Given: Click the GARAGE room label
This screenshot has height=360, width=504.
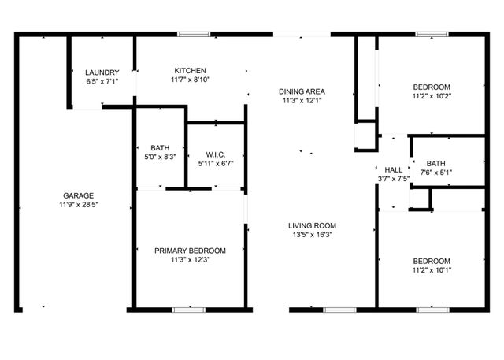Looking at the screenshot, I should [x=79, y=195].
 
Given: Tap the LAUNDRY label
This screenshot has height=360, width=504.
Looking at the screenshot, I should [x=102, y=72].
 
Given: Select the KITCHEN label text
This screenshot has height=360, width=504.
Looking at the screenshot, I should [x=190, y=69].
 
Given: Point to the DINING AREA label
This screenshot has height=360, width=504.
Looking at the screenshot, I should [x=302, y=91].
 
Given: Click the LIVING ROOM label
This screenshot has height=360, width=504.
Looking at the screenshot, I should [x=312, y=225].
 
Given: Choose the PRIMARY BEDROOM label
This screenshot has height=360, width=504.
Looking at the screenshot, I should [x=190, y=251].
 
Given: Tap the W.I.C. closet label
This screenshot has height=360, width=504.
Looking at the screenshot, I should [x=217, y=154].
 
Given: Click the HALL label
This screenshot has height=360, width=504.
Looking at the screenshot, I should [x=394, y=169].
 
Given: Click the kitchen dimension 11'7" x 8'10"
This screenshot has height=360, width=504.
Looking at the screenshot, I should [x=190, y=79].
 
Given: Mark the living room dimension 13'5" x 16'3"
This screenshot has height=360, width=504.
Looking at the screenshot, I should [x=312, y=234].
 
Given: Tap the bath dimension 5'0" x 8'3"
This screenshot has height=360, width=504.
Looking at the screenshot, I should [x=161, y=157].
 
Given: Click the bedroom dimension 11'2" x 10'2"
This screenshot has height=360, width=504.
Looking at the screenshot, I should [x=432, y=96].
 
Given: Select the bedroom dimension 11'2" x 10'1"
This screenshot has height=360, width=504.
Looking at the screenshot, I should [x=432, y=270].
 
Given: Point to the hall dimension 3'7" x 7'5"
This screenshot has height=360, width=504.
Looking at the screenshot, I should [x=394, y=179].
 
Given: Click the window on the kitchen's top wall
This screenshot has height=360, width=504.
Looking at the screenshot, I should [x=194, y=34].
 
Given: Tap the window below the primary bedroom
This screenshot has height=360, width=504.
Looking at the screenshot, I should [x=189, y=310].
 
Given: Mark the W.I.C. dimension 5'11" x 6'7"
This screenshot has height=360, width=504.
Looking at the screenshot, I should [x=217, y=163].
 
